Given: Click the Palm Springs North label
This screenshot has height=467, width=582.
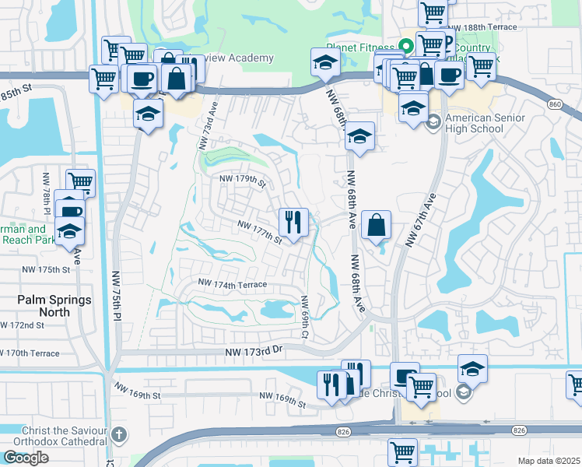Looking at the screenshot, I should click(x=54, y=306).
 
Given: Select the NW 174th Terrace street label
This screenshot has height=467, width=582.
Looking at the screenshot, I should click(x=233, y=285).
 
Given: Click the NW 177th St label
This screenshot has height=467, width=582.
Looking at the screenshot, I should click(x=260, y=231).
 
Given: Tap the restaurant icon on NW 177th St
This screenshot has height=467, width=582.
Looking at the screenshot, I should click(x=294, y=223).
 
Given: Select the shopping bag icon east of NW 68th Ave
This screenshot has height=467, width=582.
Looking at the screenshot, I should click(x=376, y=226).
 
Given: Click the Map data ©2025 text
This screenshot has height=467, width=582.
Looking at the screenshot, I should click(x=549, y=461).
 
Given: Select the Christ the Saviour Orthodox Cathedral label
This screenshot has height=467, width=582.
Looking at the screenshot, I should click(x=54, y=437).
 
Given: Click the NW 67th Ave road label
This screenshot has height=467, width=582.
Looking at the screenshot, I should click(x=419, y=222).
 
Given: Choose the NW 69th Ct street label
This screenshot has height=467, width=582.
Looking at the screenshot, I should click(x=306, y=317).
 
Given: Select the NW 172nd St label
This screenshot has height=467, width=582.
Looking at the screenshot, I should click(x=21, y=325).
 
